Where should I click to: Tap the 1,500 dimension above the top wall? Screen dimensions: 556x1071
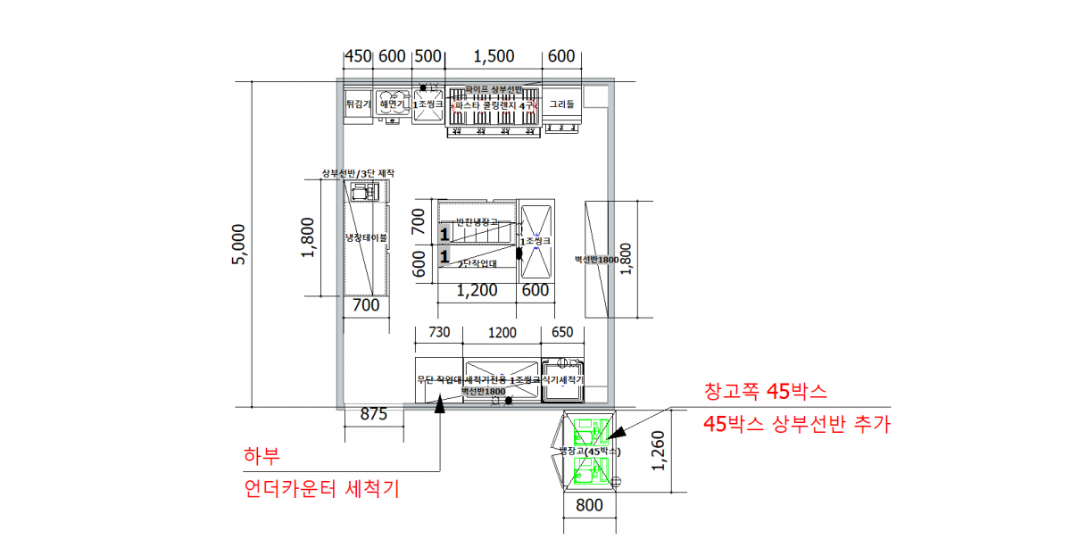[x=494, y=56]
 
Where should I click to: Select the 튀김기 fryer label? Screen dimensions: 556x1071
[x=358, y=104]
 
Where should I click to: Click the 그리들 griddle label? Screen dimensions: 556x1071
[x=562, y=104]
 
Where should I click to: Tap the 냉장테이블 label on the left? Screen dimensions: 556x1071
[x=367, y=238]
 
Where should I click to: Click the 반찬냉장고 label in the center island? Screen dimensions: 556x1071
[x=477, y=221]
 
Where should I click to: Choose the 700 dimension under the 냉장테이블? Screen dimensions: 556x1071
[x=366, y=305]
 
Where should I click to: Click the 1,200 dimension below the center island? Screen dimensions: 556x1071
[x=477, y=290]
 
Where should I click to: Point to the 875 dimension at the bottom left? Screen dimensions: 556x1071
[x=373, y=414]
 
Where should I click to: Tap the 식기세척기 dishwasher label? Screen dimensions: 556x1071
[x=562, y=379]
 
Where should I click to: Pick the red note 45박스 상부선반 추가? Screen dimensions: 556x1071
[x=797, y=425]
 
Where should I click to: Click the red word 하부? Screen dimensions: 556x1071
[x=262, y=456]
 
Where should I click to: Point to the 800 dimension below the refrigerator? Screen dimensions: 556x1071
[x=589, y=505]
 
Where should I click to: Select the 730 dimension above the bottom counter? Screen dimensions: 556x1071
[x=439, y=333]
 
